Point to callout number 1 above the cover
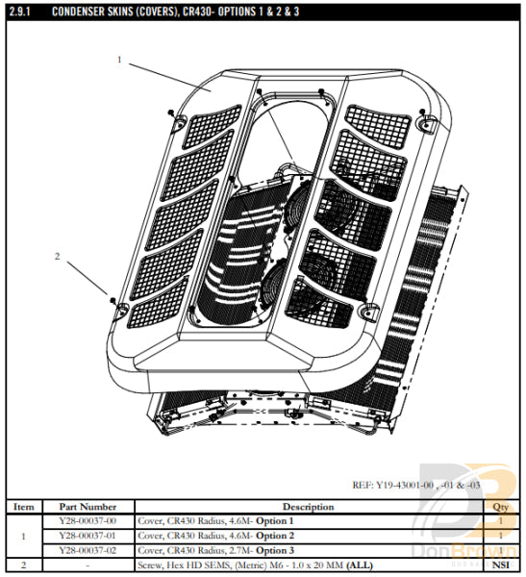click(x=120, y=60)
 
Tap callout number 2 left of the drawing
click(x=58, y=257)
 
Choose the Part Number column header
click(x=88, y=507)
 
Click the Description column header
click(x=308, y=507)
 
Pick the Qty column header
click(x=500, y=507)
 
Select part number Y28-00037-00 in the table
click(x=88, y=520)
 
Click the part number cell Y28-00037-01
click(x=88, y=535)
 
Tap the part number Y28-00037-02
click(x=88, y=549)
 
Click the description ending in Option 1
click(x=216, y=520)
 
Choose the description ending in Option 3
click(x=216, y=549)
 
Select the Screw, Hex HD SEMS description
click(x=240, y=564)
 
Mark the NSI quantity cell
click(x=500, y=564)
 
